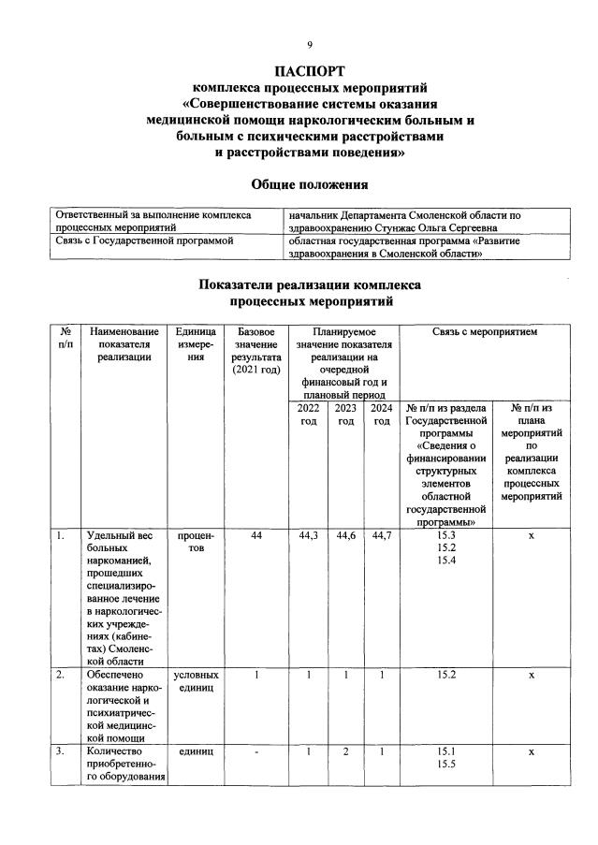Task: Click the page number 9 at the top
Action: click(310, 44)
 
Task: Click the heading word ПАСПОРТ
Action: click(310, 71)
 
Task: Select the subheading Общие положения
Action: click(310, 184)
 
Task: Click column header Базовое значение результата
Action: click(255, 351)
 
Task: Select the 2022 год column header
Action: click(308, 415)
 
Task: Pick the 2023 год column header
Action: click(345, 415)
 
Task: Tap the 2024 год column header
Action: click(381, 415)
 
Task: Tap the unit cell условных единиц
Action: click(195, 680)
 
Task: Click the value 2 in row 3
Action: click(345, 750)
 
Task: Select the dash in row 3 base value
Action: click(255, 750)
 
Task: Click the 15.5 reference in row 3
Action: click(446, 764)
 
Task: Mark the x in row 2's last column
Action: click(531, 674)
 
